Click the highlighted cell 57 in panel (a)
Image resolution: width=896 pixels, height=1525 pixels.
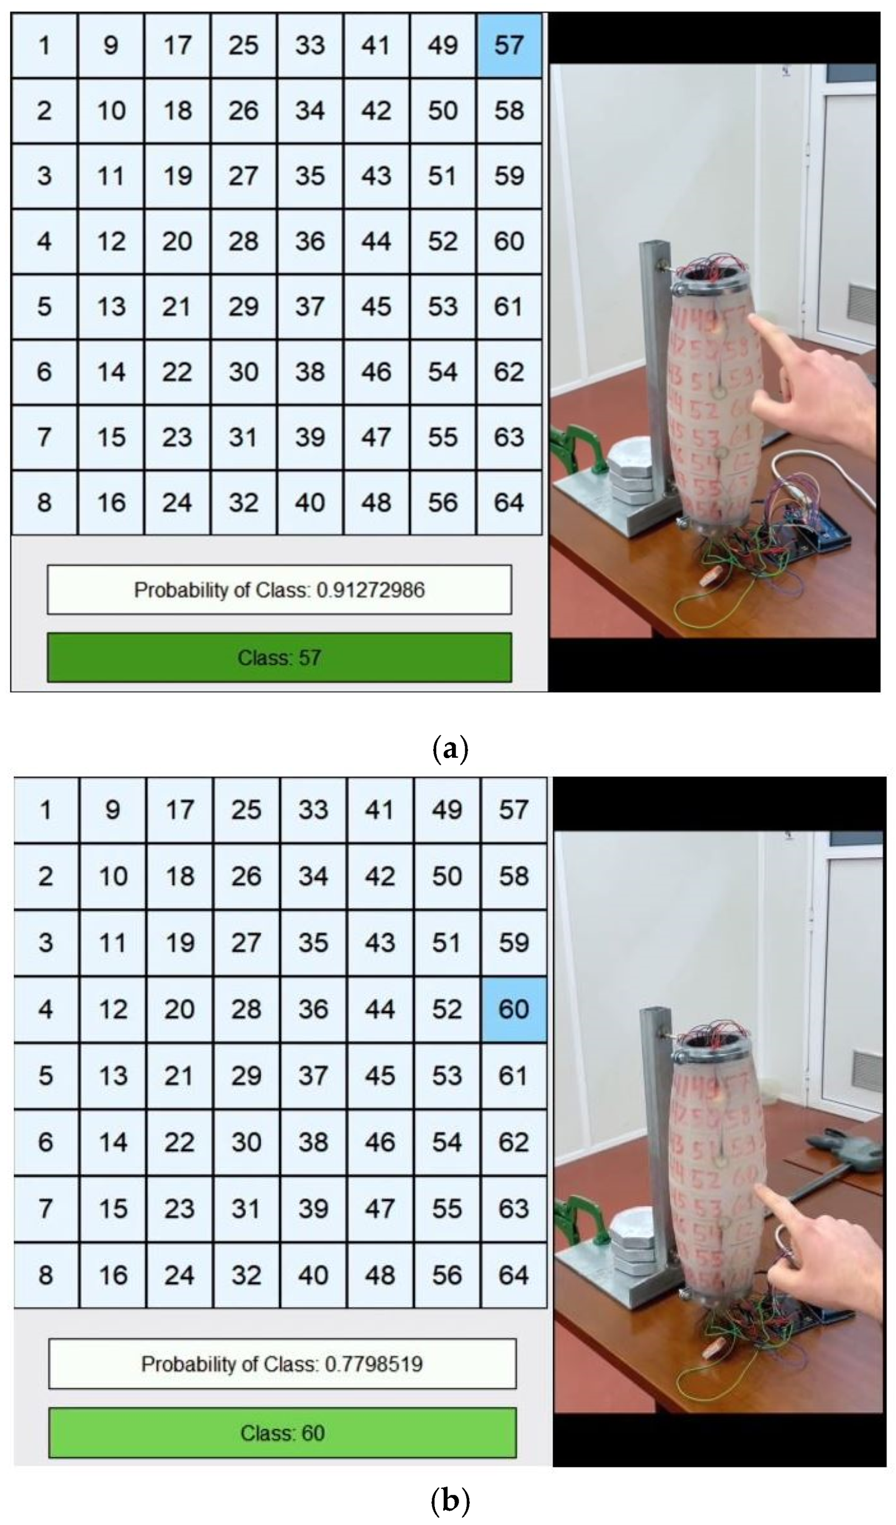coord(509,45)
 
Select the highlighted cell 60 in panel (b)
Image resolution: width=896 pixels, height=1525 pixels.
coord(514,1009)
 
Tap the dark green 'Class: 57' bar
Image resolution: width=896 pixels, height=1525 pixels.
coord(279,657)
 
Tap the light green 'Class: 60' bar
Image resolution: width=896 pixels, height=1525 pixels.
coord(282,1432)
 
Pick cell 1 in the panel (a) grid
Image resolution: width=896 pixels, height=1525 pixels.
coord(44,45)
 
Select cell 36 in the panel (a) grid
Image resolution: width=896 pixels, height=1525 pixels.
coord(310,241)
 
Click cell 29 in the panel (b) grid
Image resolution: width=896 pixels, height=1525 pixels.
coord(245,1075)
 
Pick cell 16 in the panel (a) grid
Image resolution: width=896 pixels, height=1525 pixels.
coord(111,502)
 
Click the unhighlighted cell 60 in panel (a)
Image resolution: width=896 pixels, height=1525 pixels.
coord(509,241)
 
